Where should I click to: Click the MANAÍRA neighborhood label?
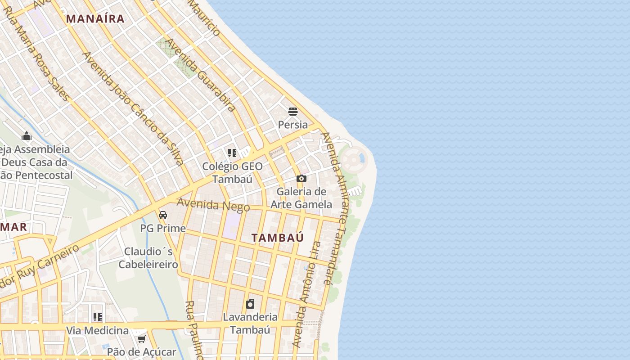click(95, 18)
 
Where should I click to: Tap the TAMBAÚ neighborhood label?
click(277, 238)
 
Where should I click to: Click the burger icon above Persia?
click(293, 111)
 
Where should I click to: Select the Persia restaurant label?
click(293, 125)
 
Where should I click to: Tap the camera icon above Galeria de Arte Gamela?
click(301, 178)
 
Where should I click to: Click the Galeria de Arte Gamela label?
click(301, 198)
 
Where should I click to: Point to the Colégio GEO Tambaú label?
click(232, 172)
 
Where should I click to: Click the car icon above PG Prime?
click(163, 215)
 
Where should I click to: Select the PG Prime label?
click(163, 228)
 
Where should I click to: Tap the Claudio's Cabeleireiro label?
click(148, 258)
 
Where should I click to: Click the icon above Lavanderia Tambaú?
click(250, 304)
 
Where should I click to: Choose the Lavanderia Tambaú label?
click(250, 323)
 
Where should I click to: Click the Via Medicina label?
click(98, 331)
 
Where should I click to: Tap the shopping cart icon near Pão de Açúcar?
click(142, 338)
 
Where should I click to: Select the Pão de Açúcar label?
click(142, 352)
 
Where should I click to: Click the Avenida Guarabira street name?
click(201, 75)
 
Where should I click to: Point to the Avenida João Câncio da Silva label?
click(133, 108)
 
